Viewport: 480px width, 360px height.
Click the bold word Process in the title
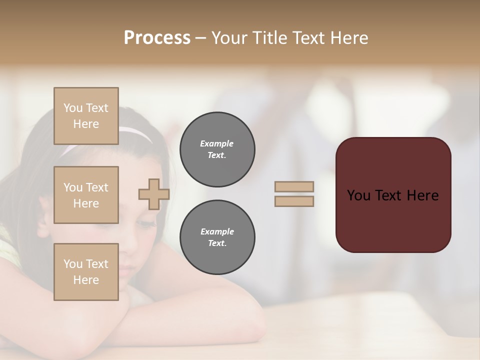tap(157, 38)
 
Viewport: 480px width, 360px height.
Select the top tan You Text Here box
tap(86, 116)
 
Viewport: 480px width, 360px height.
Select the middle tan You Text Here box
tap(86, 195)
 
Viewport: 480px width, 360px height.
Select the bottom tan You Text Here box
tap(86, 272)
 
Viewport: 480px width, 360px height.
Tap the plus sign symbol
tap(153, 194)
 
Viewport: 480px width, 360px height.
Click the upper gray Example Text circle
tap(217, 149)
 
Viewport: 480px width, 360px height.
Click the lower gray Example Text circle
tap(217, 237)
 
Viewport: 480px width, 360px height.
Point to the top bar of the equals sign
tap(294, 186)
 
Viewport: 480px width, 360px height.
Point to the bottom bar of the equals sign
tap(294, 201)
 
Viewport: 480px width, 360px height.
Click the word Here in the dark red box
tap(422, 195)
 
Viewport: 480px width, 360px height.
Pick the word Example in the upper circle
tap(217, 143)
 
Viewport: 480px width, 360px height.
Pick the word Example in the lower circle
tap(217, 231)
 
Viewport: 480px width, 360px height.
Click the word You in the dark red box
tap(359, 195)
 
